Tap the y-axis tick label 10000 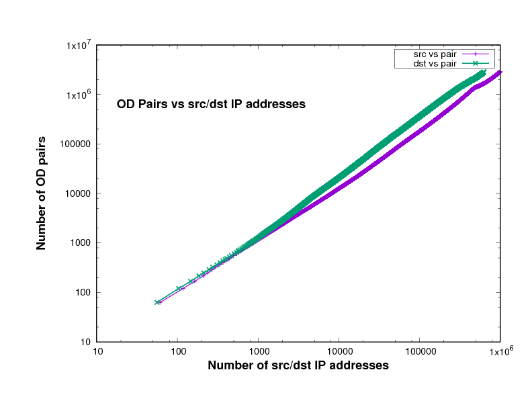click(x=80, y=193)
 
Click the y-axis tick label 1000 click(x=82, y=243)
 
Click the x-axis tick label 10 click(x=97, y=352)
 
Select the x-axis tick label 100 click(x=178, y=352)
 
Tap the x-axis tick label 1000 click(x=259, y=352)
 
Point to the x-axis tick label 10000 click(x=339, y=352)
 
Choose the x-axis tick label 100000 click(x=420, y=352)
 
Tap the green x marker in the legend click(x=476, y=63)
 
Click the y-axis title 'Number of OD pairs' click(x=42, y=193)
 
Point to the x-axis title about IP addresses click(x=298, y=366)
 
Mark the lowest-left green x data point click(x=157, y=302)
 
